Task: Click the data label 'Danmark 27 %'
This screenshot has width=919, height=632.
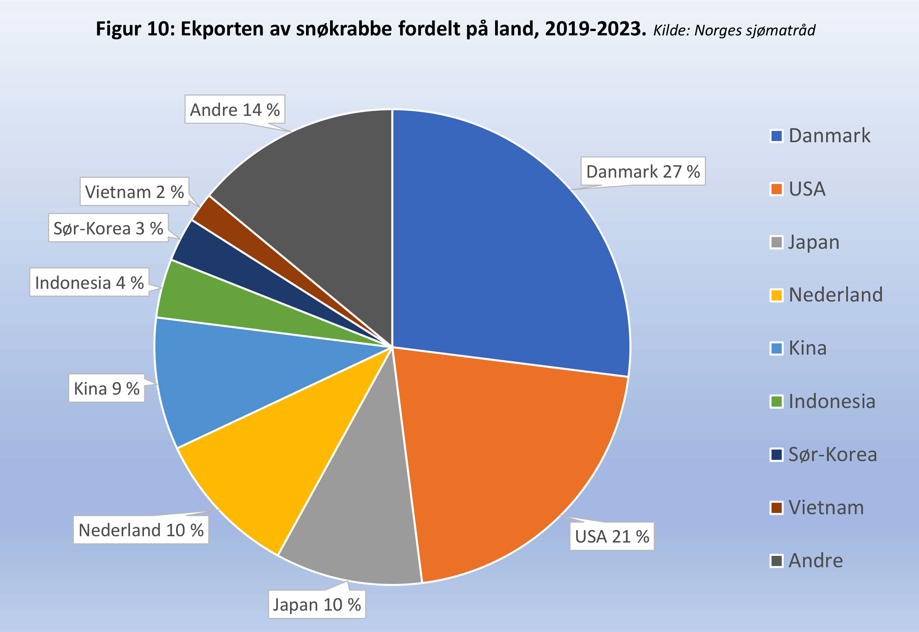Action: click(643, 171)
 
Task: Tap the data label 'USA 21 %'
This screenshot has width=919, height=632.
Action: click(612, 537)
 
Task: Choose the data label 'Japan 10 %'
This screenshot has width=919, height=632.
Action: click(317, 605)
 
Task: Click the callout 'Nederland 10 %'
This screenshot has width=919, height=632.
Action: click(141, 530)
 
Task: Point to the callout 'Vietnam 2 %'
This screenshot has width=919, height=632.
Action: click(134, 192)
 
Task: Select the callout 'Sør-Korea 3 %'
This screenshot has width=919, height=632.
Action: click(108, 229)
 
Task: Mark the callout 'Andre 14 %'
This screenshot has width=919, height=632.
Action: click(235, 110)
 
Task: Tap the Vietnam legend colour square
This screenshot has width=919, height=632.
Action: click(777, 508)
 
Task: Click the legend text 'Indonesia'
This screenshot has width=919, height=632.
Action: click(832, 402)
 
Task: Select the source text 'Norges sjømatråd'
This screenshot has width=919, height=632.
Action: click(755, 31)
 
